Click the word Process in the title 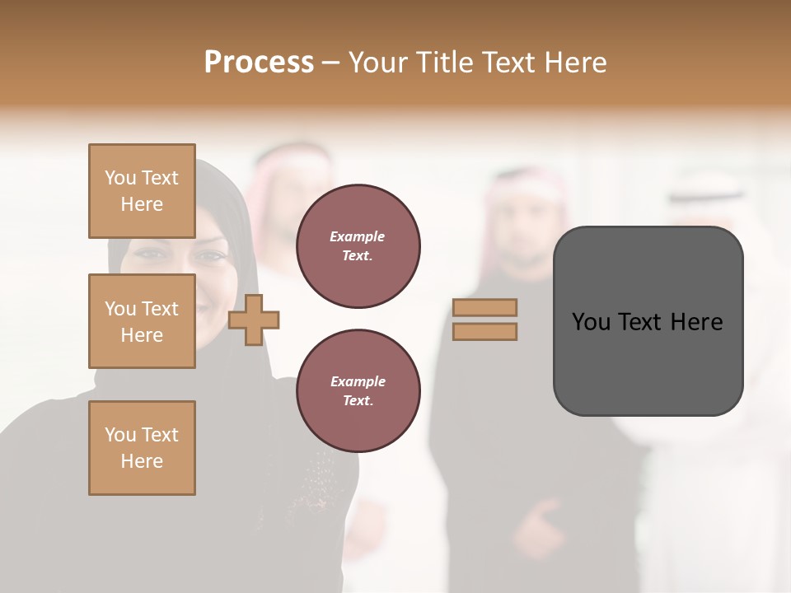click(x=259, y=63)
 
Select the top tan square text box click(x=142, y=191)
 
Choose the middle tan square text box click(x=142, y=321)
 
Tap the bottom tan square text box click(x=142, y=448)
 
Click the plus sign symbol click(x=254, y=320)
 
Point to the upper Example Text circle click(x=358, y=246)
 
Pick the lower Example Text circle click(x=358, y=391)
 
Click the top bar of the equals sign click(x=485, y=307)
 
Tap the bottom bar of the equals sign click(x=485, y=332)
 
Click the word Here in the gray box click(x=696, y=322)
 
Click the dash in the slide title click(x=331, y=63)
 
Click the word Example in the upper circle click(x=358, y=237)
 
